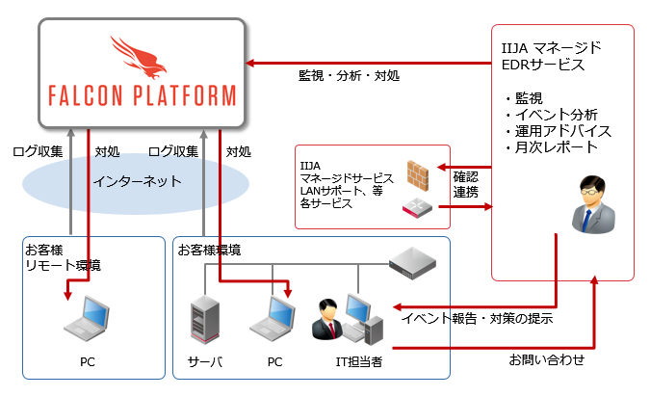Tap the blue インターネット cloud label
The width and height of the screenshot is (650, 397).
pyautogui.click(x=137, y=181)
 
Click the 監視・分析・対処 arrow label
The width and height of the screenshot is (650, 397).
pyautogui.click(x=349, y=75)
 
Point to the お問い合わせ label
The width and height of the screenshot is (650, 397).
pyautogui.click(x=546, y=360)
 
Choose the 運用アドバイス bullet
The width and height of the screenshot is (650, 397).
pyautogui.click(x=558, y=131)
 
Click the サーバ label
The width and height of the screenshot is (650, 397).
pyautogui.click(x=204, y=362)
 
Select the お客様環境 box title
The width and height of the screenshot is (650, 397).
pyautogui.click(x=209, y=250)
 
